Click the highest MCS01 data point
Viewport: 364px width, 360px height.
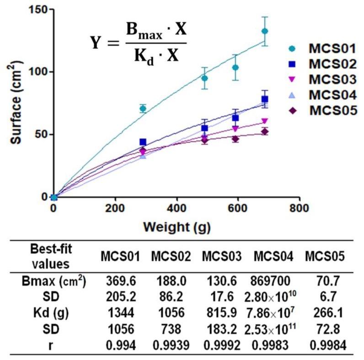(x=264, y=31)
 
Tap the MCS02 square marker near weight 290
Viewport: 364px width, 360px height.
(x=143, y=142)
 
